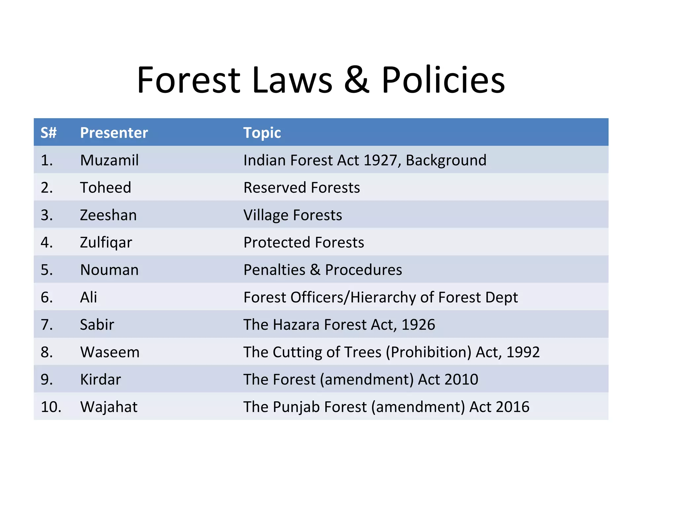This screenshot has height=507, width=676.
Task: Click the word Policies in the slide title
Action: (x=443, y=80)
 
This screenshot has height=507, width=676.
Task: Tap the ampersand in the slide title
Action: (x=356, y=80)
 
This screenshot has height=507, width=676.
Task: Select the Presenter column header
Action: (x=114, y=133)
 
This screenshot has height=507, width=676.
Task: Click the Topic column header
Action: (x=262, y=133)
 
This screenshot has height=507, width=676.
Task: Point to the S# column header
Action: (x=49, y=133)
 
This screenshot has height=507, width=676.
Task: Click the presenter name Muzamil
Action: (x=109, y=160)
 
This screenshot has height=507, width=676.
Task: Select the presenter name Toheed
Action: (x=106, y=187)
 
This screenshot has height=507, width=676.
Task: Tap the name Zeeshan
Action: (x=108, y=215)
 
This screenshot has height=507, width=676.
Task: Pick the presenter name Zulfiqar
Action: (x=106, y=243)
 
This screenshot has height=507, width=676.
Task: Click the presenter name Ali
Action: (x=88, y=297)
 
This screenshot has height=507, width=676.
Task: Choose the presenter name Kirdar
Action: (x=100, y=379)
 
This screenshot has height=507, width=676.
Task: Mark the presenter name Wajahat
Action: (x=109, y=407)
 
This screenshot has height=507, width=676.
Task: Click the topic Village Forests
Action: (x=292, y=215)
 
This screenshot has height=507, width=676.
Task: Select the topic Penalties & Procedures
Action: (x=322, y=270)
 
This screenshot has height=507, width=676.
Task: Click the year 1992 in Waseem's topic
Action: (x=523, y=352)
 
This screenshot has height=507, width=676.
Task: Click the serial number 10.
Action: (x=51, y=407)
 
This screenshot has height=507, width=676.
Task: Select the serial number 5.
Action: (x=46, y=270)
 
